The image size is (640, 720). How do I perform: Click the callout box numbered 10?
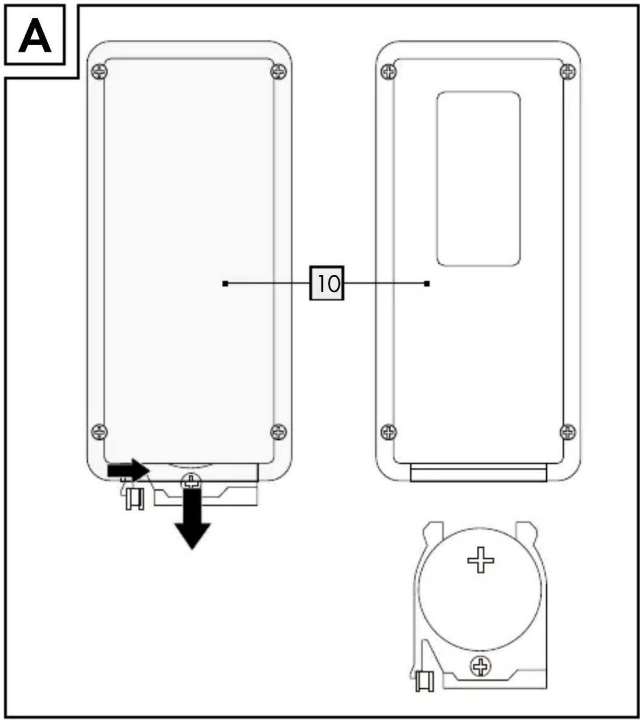point(327,283)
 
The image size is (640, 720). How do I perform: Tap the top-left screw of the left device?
point(100,71)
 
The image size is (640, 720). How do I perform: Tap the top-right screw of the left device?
point(278,72)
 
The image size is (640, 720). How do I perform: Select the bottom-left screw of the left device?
point(100,431)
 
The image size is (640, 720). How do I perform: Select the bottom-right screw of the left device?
point(278,431)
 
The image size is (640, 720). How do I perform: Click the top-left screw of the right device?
point(389,72)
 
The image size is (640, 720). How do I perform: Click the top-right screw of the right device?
point(568,72)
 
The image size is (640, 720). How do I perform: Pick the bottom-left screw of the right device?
point(389,431)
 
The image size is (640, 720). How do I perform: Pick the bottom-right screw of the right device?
point(568,431)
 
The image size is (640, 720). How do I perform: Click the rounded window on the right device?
point(478,178)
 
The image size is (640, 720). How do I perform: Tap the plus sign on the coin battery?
point(481,560)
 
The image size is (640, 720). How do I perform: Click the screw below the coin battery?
point(481,666)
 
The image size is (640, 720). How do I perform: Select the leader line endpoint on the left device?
point(225,283)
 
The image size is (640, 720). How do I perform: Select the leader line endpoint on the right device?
point(427,283)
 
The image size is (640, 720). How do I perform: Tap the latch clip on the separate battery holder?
point(425,680)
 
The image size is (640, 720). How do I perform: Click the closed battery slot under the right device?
point(478,473)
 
